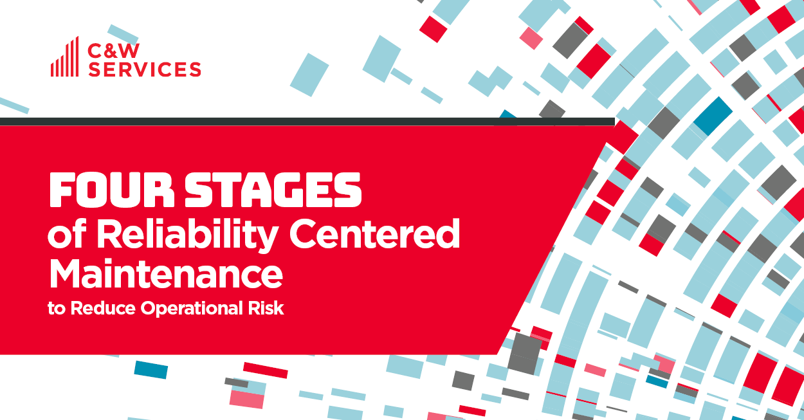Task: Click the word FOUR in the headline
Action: [x=112, y=190]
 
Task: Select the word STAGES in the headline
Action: [x=273, y=190]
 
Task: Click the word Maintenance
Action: [x=166, y=273]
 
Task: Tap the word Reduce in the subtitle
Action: [x=104, y=308]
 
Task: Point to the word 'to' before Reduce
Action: [x=57, y=309]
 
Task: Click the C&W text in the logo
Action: [x=113, y=51]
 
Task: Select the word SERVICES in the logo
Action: [x=144, y=69]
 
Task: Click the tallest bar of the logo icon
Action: [x=77, y=57]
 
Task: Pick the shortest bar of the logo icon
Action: [x=52, y=69]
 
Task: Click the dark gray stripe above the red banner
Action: [x=307, y=122]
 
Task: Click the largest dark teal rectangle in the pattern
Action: [x=713, y=116]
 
